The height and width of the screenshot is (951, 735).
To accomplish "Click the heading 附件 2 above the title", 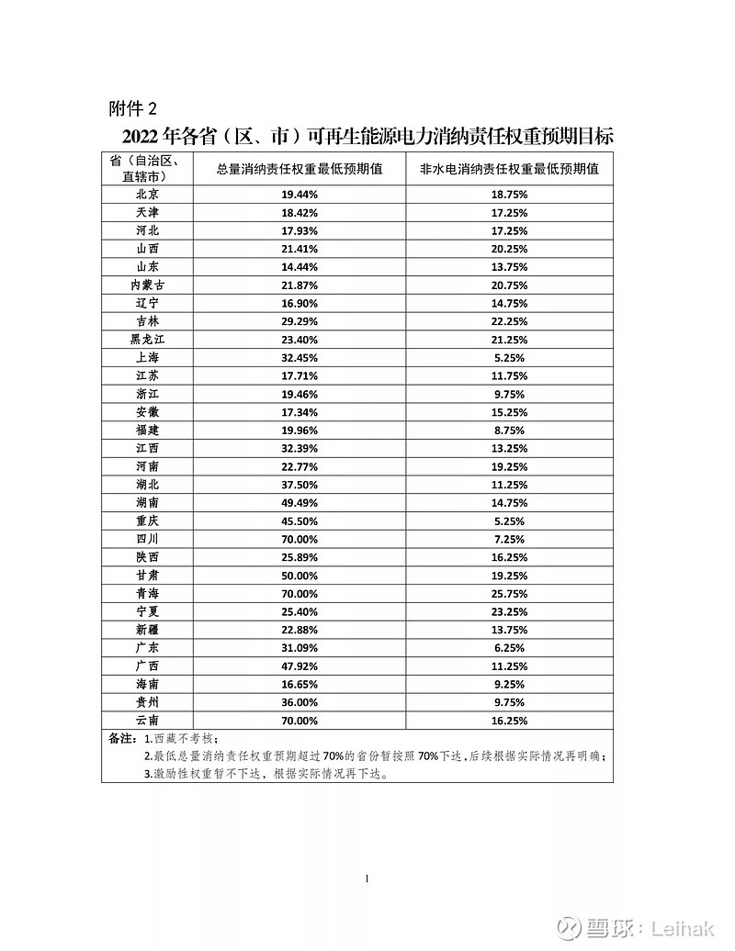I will coord(139,108).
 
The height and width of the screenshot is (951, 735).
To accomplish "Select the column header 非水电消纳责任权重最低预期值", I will coord(509,169).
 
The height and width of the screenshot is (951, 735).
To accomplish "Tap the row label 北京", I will coord(148,195).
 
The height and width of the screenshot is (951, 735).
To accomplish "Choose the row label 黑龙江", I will coord(148,340).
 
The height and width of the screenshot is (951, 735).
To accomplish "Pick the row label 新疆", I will coord(148,630).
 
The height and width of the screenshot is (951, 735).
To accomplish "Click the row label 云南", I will coord(148,721).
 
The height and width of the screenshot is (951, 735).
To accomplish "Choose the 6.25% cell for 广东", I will coord(509,648).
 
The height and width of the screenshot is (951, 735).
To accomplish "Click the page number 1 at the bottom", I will coord(367,878).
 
